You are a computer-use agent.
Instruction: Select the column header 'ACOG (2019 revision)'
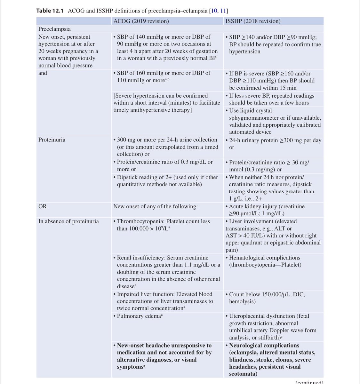point(141,21)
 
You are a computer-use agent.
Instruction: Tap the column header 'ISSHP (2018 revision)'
point(253,21)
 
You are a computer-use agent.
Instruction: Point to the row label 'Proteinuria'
point(52,140)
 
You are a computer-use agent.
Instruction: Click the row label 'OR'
point(43,206)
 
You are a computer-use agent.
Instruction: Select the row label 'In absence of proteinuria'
point(68,221)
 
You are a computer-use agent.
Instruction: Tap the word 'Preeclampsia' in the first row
point(54,29)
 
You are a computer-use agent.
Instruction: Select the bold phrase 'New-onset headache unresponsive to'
point(164,346)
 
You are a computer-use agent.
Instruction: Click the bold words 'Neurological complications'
point(264,346)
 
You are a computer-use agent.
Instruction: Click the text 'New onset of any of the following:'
point(156,206)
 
